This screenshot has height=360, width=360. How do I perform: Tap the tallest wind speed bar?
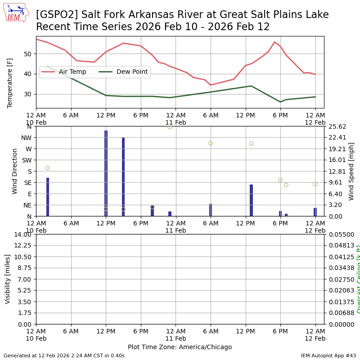[x=106, y=173]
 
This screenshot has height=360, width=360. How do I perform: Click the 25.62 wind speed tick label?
[x=338, y=126]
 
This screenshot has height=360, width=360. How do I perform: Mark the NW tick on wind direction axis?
[x=26, y=138]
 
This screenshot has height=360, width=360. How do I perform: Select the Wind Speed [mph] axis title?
[x=351, y=171]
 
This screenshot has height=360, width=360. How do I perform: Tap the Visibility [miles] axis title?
[x=8, y=279]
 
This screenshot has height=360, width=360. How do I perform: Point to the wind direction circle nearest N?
[x=170, y=127]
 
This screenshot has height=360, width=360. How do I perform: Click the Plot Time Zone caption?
[x=180, y=347]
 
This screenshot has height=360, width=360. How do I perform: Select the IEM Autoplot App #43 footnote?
[x=328, y=355]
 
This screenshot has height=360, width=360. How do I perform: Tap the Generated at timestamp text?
[x=64, y=355]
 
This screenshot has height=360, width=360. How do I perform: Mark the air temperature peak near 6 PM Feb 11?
[x=274, y=42]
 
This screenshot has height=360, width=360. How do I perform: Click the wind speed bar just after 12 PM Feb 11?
[x=251, y=200]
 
